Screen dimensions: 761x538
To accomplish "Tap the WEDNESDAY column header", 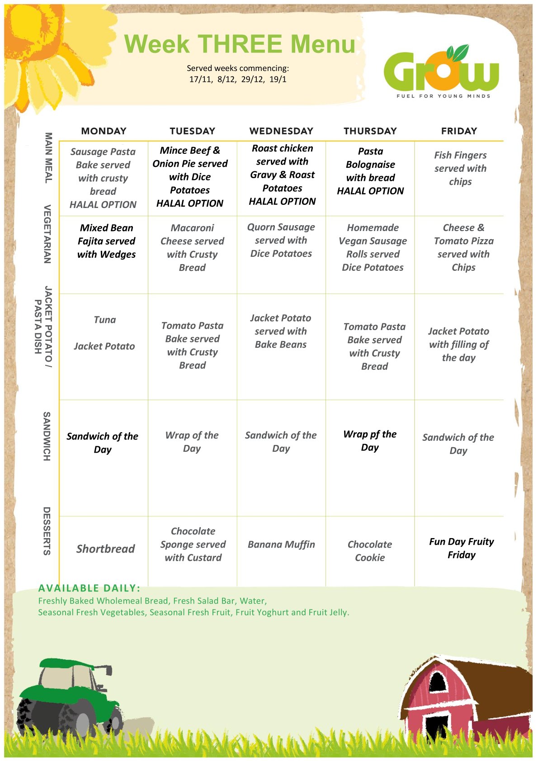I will pyautogui.click(x=281, y=131).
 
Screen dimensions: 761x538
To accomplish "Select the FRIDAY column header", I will pyautogui.click(x=459, y=131).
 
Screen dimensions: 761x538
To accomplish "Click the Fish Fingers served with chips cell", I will pyautogui.click(x=460, y=168).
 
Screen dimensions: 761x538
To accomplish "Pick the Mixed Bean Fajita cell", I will pyautogui.click(x=106, y=241).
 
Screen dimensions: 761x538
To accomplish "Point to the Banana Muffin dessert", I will pyautogui.click(x=281, y=544).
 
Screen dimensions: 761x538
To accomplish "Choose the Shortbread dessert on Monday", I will pyautogui.click(x=105, y=549).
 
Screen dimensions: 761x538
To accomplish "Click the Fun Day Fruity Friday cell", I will pyautogui.click(x=461, y=548).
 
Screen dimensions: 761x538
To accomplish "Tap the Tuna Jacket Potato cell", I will pyautogui.click(x=104, y=333).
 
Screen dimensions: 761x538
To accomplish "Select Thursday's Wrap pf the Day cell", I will pyautogui.click(x=370, y=441).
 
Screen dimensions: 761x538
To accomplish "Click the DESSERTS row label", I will pyautogui.click(x=47, y=531).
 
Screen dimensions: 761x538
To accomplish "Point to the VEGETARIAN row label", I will pyautogui.click(x=47, y=234).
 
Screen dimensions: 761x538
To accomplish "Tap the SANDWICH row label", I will pyautogui.click(x=47, y=436).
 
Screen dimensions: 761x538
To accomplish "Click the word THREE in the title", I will pyautogui.click(x=240, y=44).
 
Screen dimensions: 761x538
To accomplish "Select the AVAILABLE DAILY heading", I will pyautogui.click(x=89, y=588).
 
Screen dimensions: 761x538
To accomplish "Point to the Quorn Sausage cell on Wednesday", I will pyautogui.click(x=281, y=240).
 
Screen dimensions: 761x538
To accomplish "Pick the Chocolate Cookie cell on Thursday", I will pyautogui.click(x=370, y=551).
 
